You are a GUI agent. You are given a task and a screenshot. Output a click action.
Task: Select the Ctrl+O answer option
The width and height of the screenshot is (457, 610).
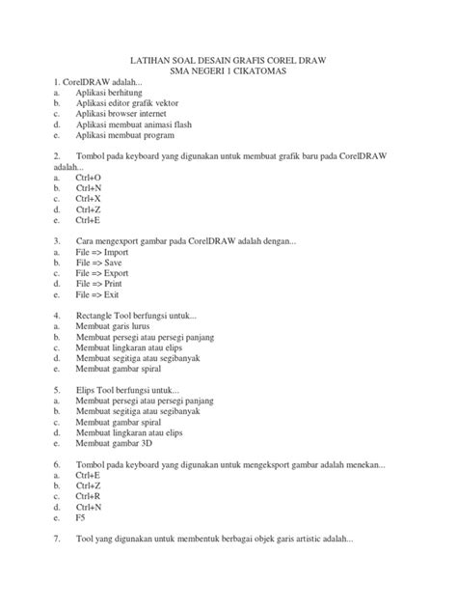(89, 179)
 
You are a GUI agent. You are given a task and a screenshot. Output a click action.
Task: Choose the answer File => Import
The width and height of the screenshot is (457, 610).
(102, 251)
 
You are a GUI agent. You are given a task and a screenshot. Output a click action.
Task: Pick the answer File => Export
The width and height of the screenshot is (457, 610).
(101, 273)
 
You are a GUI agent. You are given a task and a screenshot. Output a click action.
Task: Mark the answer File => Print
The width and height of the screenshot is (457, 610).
(98, 285)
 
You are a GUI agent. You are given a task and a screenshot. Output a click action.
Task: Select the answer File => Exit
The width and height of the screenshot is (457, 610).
(96, 296)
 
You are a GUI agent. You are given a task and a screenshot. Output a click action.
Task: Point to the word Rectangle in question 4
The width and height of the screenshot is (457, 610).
(95, 316)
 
